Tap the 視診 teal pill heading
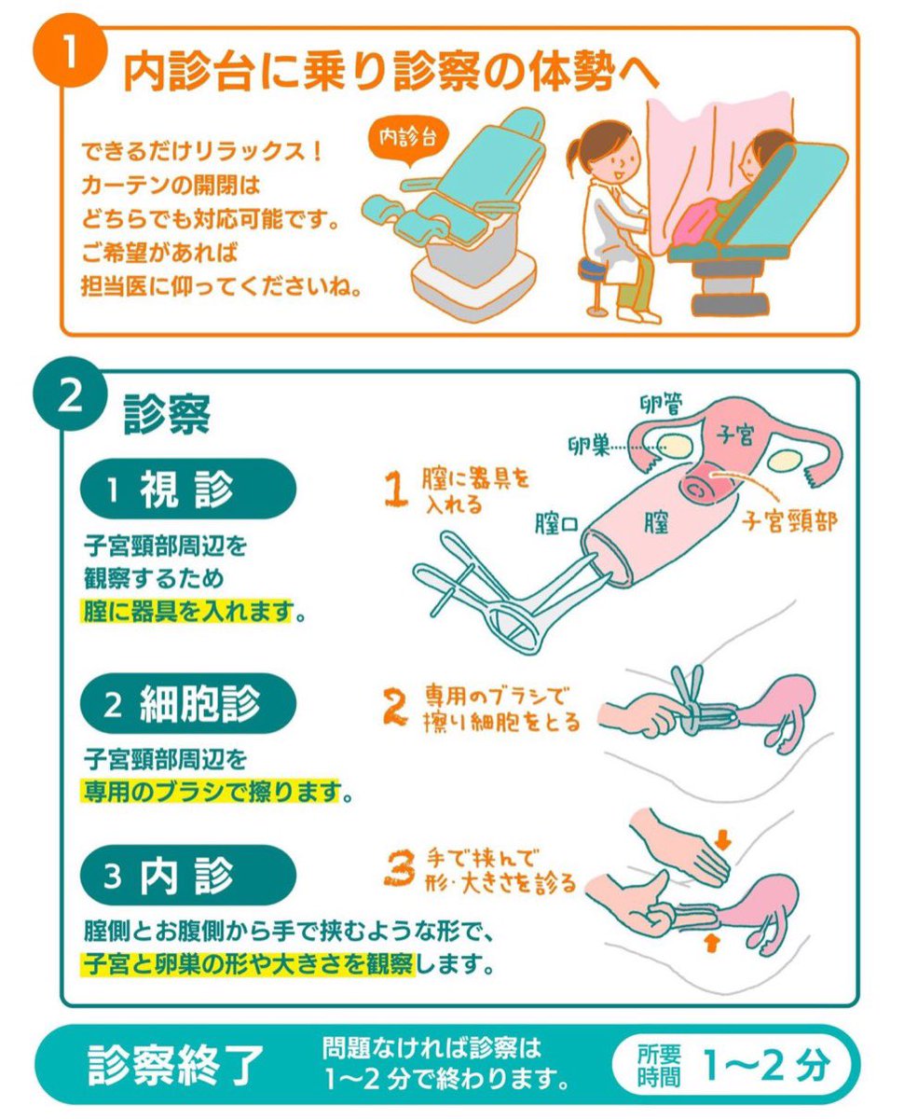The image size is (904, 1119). (x=188, y=490)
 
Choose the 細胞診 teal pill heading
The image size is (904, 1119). (x=188, y=704)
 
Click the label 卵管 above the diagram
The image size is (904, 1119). (x=663, y=404)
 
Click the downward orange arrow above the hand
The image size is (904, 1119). (x=724, y=833)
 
